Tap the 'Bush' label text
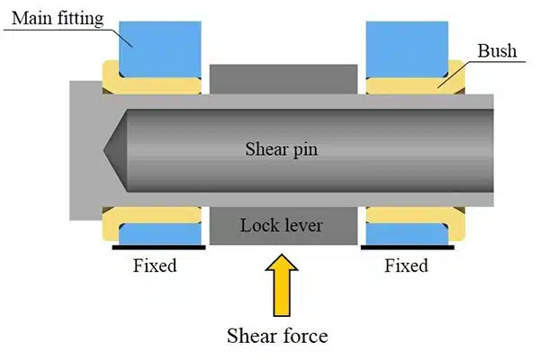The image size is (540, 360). (x=500, y=51)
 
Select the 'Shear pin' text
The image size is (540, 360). (x=282, y=148)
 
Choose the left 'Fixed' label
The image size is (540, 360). (x=155, y=265)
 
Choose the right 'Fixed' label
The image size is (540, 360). (x=406, y=265)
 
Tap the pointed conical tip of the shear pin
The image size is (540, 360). (x=115, y=148)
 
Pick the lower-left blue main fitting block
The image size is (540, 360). (x=155, y=233)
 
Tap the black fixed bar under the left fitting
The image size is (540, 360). (x=155, y=246)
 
